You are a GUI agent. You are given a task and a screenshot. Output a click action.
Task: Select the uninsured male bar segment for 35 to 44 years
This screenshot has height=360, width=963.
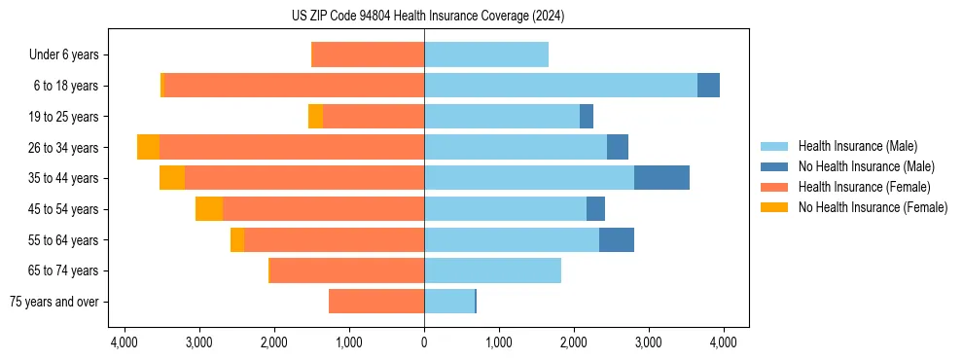coord(661,178)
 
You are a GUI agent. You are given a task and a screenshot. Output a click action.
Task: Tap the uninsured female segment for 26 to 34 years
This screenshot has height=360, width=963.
coord(148,147)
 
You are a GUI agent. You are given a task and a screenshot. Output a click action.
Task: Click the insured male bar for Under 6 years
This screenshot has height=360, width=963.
coord(486,54)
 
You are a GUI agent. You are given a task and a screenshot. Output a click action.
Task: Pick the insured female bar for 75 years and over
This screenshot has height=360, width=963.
coord(376,302)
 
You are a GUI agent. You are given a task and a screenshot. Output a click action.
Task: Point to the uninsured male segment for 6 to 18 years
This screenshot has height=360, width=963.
coord(708,86)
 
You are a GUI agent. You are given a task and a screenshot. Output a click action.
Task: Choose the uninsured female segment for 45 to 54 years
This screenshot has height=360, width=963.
coord(209,209)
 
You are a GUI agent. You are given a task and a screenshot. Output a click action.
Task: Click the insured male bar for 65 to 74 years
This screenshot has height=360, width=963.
coord(492,270)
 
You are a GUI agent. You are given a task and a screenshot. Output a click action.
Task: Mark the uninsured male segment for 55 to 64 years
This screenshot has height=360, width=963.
coord(617,240)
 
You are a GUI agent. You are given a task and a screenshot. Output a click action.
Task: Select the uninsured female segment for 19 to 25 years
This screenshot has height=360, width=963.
coord(315,117)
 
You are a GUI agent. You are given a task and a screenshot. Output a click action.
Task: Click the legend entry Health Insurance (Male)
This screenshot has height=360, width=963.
coord(857,146)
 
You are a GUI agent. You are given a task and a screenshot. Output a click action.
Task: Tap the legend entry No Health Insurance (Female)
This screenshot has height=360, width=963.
coord(873,207)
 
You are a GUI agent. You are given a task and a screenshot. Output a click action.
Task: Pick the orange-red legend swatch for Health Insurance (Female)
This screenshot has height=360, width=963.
coord(775,187)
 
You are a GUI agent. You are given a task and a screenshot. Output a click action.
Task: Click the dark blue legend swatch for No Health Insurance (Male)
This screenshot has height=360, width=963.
coord(775,166)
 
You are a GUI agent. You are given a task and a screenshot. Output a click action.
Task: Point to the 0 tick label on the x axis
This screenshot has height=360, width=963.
coord(424,342)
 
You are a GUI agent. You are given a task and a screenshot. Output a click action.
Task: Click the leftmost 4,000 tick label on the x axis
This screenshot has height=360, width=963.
coord(125,342)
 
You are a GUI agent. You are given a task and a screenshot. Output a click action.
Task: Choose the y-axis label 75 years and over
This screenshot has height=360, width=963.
coord(53,302)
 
